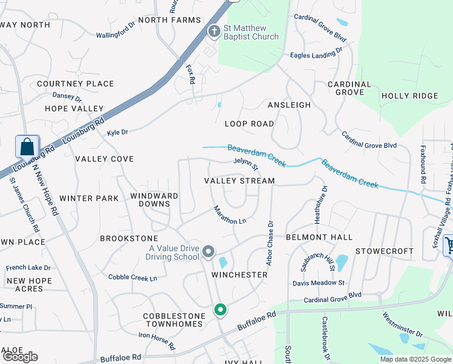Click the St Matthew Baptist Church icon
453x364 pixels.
coord(213,30)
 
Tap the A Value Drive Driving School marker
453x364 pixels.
coord(208,252)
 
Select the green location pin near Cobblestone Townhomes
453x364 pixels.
coord(220,310)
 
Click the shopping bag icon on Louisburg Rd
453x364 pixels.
coord(27,147)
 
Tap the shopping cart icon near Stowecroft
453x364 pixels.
coord(449,245)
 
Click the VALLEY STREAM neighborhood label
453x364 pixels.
coord(239,181)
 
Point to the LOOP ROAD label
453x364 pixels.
coord(249,123)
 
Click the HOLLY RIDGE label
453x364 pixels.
coord(409,96)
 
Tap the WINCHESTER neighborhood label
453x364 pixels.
coord(239,275)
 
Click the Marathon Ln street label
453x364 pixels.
coord(230,215)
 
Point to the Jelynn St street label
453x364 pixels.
coord(246,163)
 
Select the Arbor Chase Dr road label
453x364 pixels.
coord(269,243)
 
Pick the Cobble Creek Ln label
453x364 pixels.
coord(133,277)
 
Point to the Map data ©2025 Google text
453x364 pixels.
coord(415,359)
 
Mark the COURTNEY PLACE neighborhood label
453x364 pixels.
coord(75,84)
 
